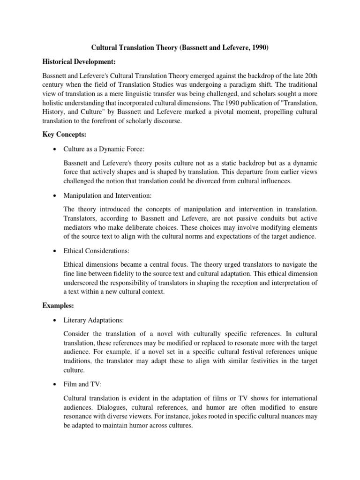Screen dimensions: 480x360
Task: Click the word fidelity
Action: click(x=126, y=274)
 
